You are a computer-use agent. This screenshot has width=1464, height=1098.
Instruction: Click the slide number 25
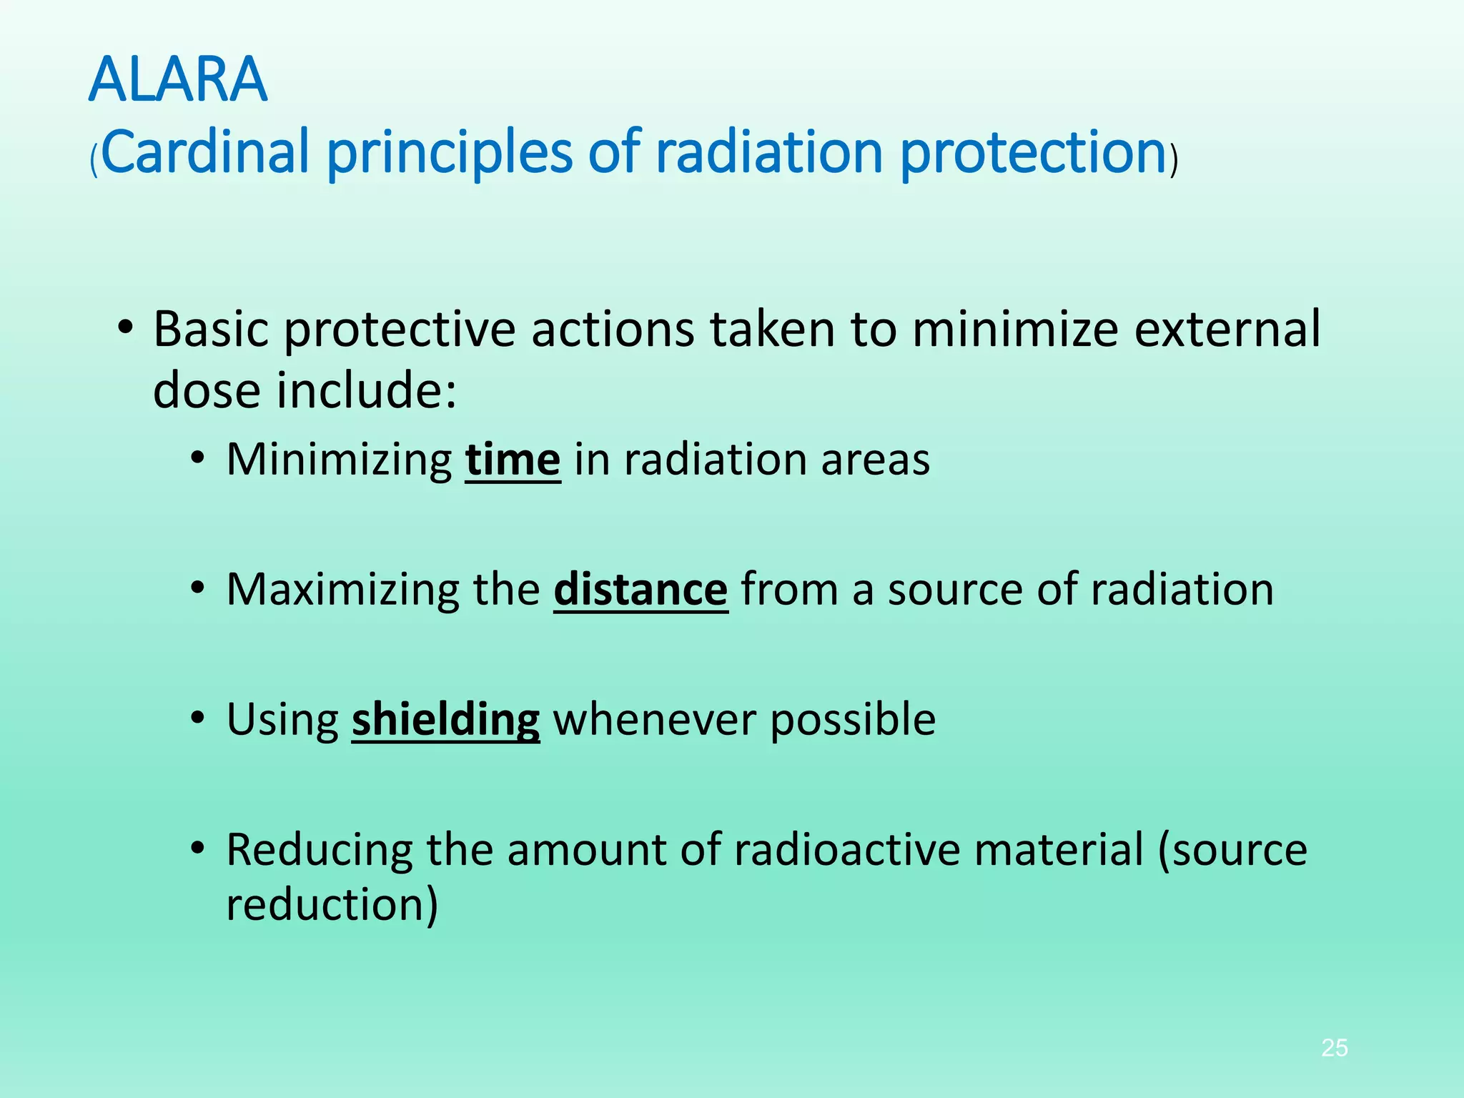tap(1334, 1048)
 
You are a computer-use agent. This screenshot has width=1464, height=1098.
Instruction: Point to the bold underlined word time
tap(513, 460)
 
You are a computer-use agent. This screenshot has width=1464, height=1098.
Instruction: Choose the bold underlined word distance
tap(640, 590)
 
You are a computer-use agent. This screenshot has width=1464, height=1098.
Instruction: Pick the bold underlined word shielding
tap(445, 720)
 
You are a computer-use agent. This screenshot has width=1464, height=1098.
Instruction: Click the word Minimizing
tap(339, 460)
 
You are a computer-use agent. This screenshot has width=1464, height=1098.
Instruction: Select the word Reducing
tap(319, 850)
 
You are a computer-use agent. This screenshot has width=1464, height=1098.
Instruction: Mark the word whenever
tap(654, 720)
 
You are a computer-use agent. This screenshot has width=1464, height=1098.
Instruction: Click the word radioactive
tap(846, 850)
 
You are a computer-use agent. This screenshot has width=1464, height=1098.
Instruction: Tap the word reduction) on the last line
tap(332, 905)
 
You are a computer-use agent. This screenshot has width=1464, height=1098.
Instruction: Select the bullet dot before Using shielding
tap(198, 718)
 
